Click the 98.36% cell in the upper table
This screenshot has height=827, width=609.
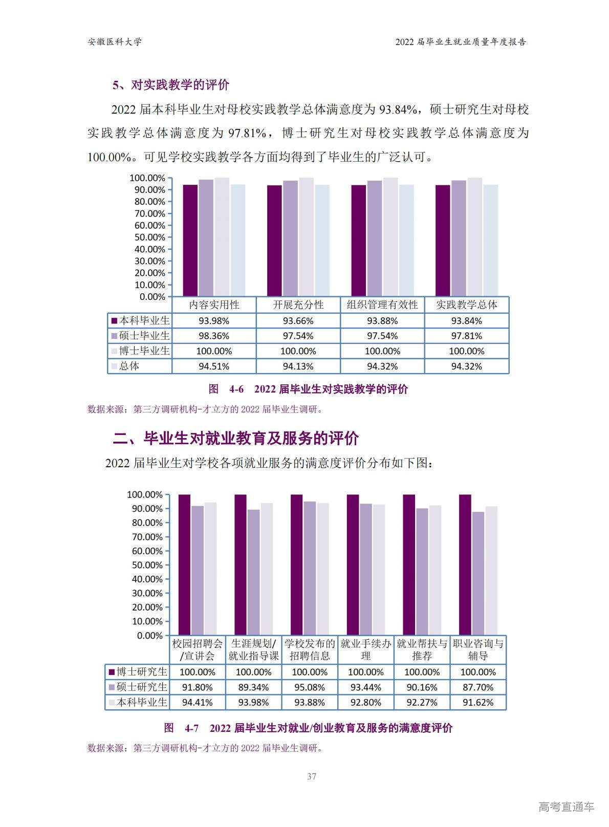(x=214, y=336)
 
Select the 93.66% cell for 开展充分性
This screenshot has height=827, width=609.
(x=298, y=321)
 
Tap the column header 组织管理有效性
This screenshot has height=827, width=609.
(x=382, y=305)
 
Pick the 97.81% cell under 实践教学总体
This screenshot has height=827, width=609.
(x=466, y=336)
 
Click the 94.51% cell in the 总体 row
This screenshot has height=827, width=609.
(x=214, y=366)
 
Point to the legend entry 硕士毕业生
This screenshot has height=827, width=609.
(x=140, y=336)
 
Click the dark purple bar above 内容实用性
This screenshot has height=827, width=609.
(x=190, y=241)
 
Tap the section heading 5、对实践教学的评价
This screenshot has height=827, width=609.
(x=171, y=85)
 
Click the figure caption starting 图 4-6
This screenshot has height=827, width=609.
(x=308, y=389)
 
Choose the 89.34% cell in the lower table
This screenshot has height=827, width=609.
(x=253, y=687)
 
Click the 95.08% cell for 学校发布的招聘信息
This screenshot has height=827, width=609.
(x=310, y=687)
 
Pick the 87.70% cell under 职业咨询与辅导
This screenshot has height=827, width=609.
(x=478, y=687)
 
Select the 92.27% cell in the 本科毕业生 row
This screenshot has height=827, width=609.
(x=422, y=703)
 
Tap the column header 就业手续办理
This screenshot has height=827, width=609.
(x=366, y=649)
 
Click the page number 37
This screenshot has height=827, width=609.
(x=312, y=776)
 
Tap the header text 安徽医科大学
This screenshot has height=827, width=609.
(x=115, y=42)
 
